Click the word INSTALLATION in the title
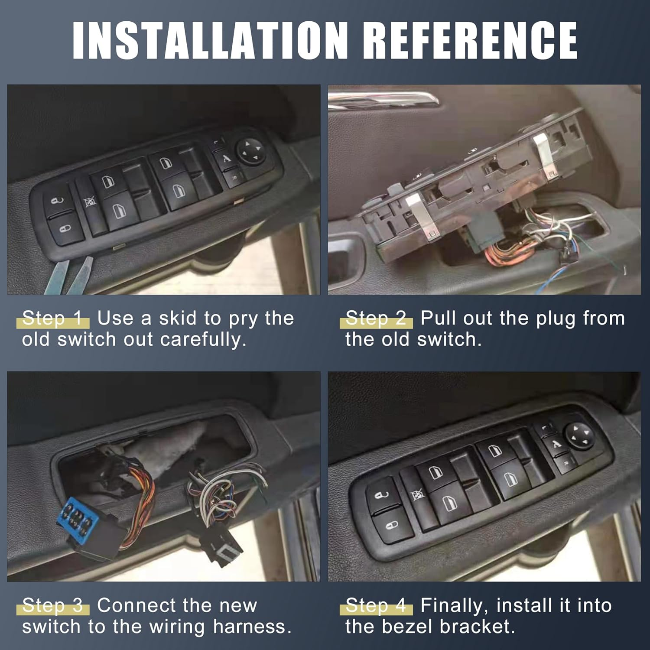tap(210, 39)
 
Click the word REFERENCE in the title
tap(469, 39)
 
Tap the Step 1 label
tap(52, 318)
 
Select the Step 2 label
tap(376, 318)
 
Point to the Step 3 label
tap(52, 605)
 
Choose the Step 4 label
tap(376, 605)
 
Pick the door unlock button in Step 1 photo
tap(57, 201)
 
